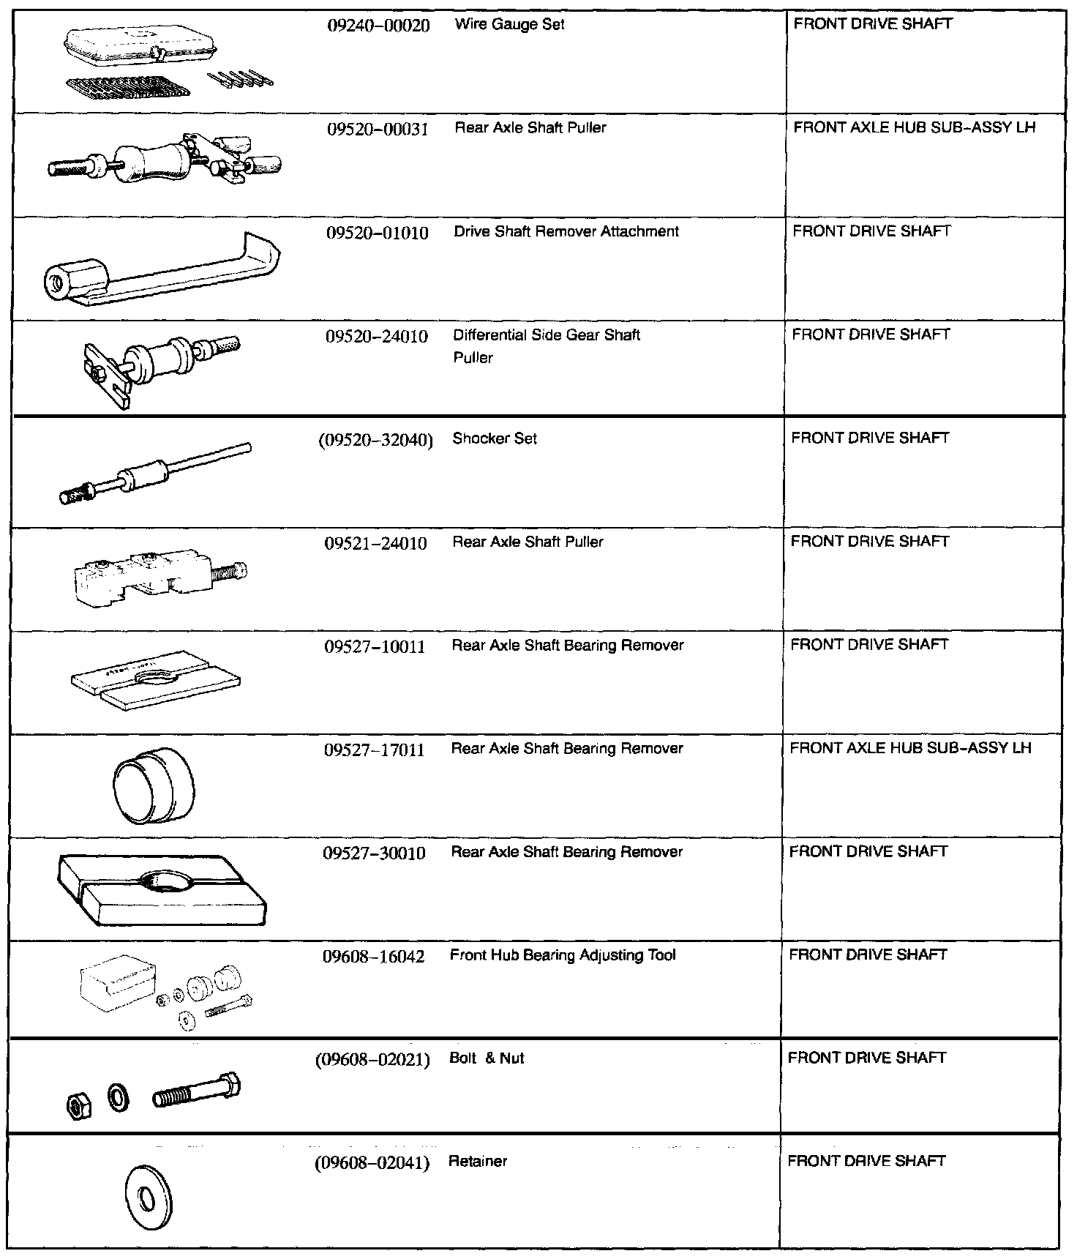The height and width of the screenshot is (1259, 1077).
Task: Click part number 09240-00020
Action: click(x=378, y=26)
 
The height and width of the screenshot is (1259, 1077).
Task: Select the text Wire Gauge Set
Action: click(x=509, y=24)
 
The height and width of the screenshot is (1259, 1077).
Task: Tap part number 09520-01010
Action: click(x=377, y=233)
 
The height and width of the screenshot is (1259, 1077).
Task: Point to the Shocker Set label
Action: click(x=495, y=438)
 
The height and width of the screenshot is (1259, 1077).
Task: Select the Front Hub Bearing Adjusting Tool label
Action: click(x=563, y=955)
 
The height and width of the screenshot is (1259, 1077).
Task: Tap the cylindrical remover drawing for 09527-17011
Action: click(x=154, y=785)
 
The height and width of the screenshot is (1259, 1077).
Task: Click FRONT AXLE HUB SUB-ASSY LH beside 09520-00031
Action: click(x=914, y=127)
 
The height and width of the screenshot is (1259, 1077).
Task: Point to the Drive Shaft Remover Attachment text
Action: click(x=566, y=231)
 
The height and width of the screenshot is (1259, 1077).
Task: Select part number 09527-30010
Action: click(x=374, y=853)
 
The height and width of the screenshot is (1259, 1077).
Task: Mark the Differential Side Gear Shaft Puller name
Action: click(x=546, y=345)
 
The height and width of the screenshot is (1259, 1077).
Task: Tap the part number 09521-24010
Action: click(x=375, y=543)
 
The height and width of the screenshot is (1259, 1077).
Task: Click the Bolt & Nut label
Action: click(x=487, y=1058)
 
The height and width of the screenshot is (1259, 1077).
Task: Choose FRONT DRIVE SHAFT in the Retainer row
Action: click(x=866, y=1161)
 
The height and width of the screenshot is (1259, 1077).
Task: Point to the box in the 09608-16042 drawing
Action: click(x=117, y=982)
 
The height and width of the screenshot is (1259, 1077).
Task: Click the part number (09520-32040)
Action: click(x=375, y=440)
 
